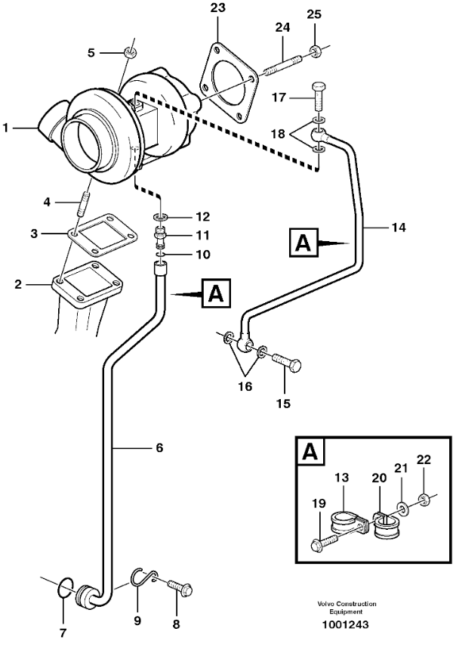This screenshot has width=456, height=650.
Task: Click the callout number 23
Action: (217, 9)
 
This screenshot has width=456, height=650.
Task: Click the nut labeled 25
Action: (315, 52)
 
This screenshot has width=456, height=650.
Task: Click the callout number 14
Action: (399, 226)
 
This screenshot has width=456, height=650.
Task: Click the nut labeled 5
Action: (129, 52)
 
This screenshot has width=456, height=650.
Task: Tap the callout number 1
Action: (5, 128)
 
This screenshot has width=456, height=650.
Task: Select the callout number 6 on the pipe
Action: (159, 447)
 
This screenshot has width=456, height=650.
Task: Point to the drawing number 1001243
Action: (347, 624)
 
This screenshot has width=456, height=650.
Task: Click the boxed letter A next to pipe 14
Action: (303, 243)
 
